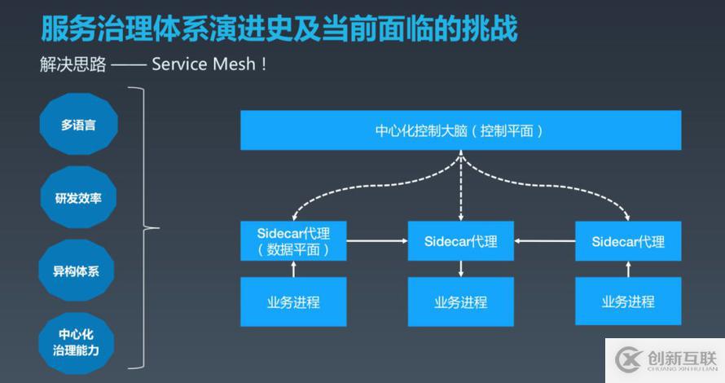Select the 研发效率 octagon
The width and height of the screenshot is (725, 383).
pos(78,197)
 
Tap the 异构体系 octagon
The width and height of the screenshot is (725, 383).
pos(78,271)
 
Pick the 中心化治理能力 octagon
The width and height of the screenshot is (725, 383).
pos(78,342)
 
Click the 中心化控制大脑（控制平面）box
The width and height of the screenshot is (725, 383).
pos(459,130)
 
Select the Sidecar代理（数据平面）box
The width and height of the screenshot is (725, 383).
pos(293,241)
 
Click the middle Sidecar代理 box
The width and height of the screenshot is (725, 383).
pos(460,241)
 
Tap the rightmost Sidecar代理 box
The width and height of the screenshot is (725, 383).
pos(628,241)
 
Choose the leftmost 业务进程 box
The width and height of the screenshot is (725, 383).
pos(293,302)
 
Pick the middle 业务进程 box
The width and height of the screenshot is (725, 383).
pos(460,302)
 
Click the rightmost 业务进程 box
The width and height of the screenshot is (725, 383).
pos(628,302)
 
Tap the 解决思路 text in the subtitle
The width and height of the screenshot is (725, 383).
pos(72,64)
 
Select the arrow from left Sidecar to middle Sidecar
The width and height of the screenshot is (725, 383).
pos(377,241)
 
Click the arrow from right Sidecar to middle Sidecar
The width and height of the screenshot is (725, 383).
pos(544,241)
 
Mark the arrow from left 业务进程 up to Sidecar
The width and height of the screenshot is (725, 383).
pos(294,269)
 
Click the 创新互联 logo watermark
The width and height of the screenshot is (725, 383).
pos(664,359)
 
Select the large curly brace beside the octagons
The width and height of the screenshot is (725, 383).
pos(149,229)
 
